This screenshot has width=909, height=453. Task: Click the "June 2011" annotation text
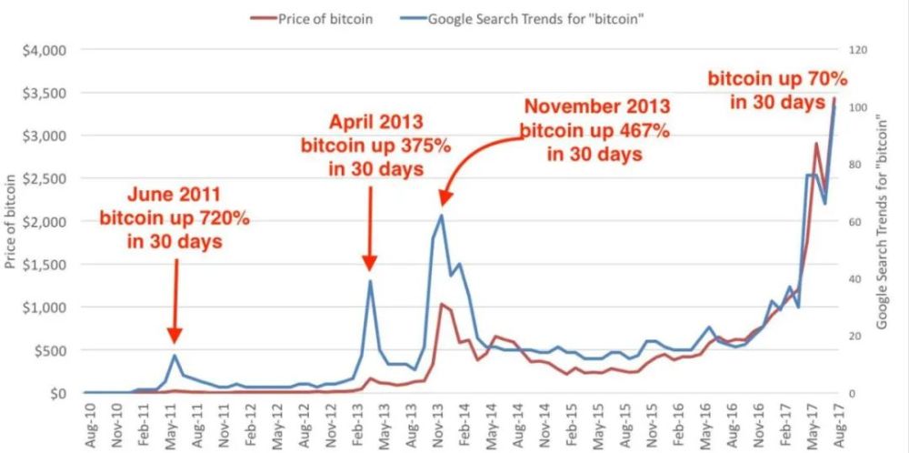click(175, 194)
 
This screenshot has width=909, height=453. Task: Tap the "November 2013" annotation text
click(595, 106)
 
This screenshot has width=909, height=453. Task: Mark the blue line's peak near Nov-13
click(442, 215)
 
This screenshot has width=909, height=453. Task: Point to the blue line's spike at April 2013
click(370, 280)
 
